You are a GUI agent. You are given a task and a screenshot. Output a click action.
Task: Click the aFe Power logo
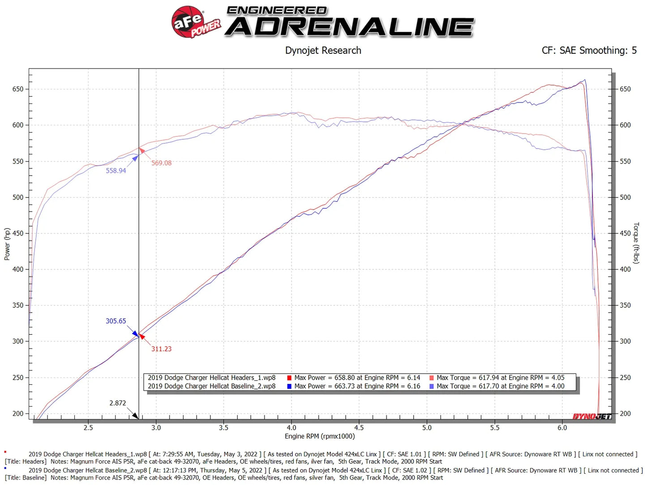pyautogui.click(x=196, y=22)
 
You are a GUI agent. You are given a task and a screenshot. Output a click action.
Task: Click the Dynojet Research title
pyautogui.click(x=323, y=51)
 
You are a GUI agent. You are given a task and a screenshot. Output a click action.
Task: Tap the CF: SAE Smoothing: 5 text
pyautogui.click(x=589, y=51)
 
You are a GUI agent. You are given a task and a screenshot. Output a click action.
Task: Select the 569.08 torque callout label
pyautogui.click(x=161, y=163)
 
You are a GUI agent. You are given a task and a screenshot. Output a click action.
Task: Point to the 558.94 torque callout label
pyautogui.click(x=116, y=171)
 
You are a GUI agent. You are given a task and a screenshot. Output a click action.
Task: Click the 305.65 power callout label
pyautogui.click(x=116, y=321)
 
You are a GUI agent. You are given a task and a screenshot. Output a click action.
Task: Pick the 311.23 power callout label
pyautogui.click(x=161, y=349)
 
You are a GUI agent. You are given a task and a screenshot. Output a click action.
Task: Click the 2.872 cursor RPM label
pyautogui.click(x=118, y=403)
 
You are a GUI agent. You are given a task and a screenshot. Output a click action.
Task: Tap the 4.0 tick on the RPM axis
pyautogui.click(x=291, y=428)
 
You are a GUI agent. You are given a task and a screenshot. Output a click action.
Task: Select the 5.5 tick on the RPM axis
pyautogui.click(x=494, y=428)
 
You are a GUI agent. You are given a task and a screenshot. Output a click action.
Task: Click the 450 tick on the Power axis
pyautogui.click(x=18, y=233)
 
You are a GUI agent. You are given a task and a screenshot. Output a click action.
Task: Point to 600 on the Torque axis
pyautogui.click(x=625, y=125)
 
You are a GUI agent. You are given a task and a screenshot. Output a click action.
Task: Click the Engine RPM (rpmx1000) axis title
pyautogui.click(x=320, y=436)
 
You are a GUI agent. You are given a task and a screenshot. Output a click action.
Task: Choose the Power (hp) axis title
pyautogui.click(x=7, y=244)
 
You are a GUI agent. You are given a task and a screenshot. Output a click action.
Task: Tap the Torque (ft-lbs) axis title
pyautogui.click(x=636, y=243)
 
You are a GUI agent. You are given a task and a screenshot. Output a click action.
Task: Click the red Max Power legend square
pyautogui.click(x=289, y=378)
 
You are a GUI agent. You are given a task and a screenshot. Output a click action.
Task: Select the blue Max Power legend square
pyautogui.click(x=289, y=386)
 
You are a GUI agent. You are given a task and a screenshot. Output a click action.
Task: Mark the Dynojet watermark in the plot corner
pyautogui.click(x=591, y=416)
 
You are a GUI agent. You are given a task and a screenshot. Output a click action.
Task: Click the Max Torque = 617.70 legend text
pyautogui.click(x=500, y=386)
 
